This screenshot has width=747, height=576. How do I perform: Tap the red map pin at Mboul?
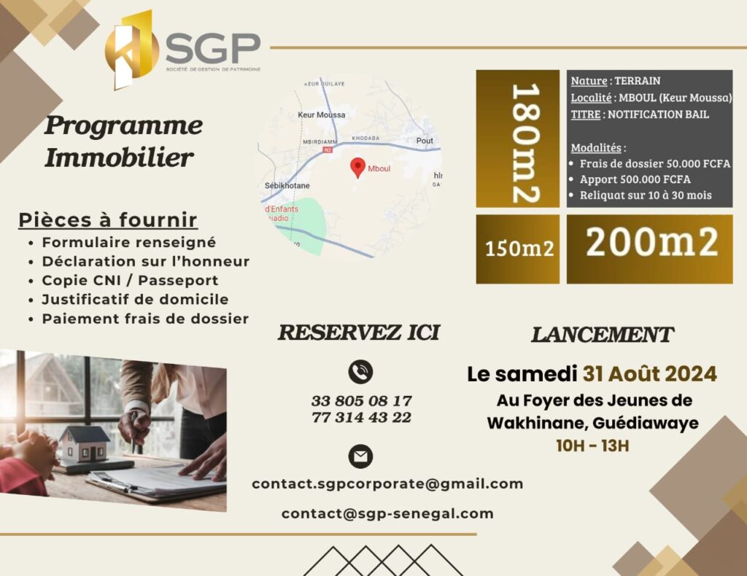(357, 168)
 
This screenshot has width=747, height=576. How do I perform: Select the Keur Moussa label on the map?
(322, 114)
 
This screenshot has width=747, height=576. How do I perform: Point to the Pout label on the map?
(425, 141)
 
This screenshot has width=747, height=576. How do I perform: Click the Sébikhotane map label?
(287, 186)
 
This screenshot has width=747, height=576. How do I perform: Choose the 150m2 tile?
(518, 249)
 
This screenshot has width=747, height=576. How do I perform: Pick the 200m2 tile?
(649, 249)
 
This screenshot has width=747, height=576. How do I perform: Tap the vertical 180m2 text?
(525, 144)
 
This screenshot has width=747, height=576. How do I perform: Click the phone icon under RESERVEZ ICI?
(360, 372)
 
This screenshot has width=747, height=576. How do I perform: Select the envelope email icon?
(360, 456)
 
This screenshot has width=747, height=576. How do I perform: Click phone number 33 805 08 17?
(362, 401)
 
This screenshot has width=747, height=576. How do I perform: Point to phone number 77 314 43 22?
(362, 418)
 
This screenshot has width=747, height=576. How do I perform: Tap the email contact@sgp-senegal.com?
(387, 513)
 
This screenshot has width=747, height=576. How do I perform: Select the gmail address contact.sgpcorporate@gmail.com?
(387, 483)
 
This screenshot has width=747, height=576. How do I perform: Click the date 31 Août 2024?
(650, 374)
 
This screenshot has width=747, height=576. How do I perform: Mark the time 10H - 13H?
(592, 446)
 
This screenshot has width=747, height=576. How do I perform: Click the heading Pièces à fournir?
(108, 220)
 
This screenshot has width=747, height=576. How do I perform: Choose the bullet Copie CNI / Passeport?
(130, 281)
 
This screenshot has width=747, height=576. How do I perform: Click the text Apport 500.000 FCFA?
(635, 179)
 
